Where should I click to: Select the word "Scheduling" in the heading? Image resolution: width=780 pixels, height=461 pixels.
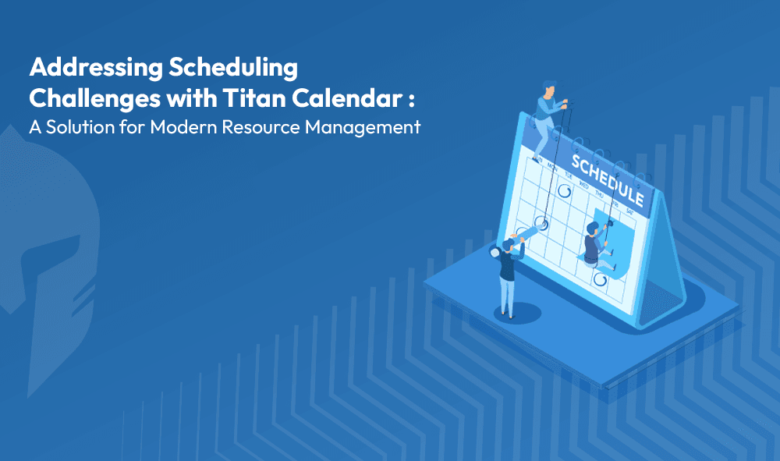[x=233, y=69]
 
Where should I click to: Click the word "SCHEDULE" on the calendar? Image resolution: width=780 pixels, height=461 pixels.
[x=608, y=180]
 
